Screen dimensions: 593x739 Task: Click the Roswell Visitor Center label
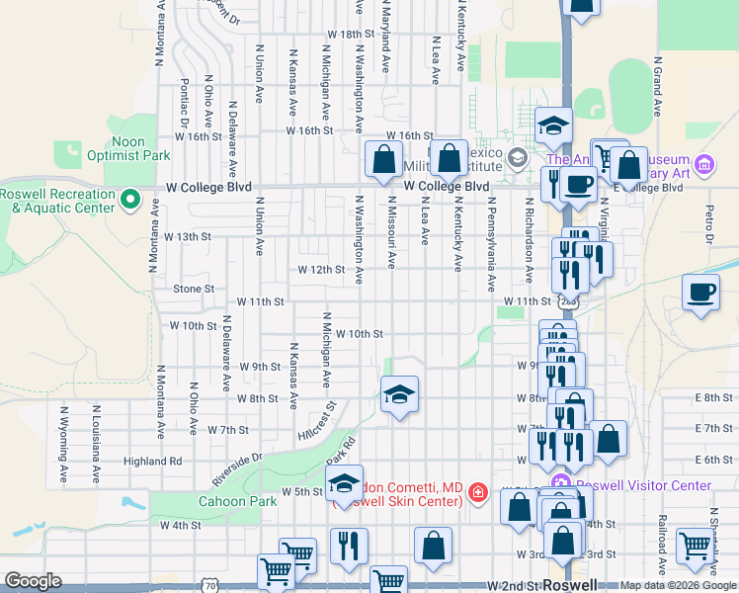click(x=643, y=485)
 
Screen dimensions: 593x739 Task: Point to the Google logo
click(x=34, y=581)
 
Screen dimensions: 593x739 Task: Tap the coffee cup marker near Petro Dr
click(x=700, y=293)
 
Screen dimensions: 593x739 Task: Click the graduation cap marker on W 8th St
click(x=398, y=394)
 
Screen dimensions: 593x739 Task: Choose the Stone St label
click(x=194, y=290)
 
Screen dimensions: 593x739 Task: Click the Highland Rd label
click(x=153, y=461)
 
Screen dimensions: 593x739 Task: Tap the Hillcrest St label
click(x=316, y=421)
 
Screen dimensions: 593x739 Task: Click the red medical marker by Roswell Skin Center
click(x=477, y=492)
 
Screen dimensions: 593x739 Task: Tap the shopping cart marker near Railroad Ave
click(x=696, y=545)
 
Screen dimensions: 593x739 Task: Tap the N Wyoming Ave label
click(x=64, y=434)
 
